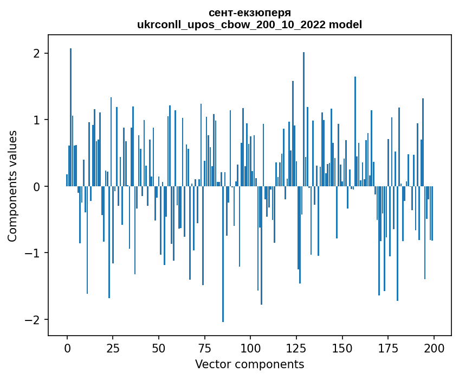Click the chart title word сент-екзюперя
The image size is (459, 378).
[249, 12]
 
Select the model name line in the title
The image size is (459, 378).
[249, 24]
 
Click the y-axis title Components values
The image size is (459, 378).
[12, 186]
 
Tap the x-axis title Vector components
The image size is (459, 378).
[249, 364]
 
